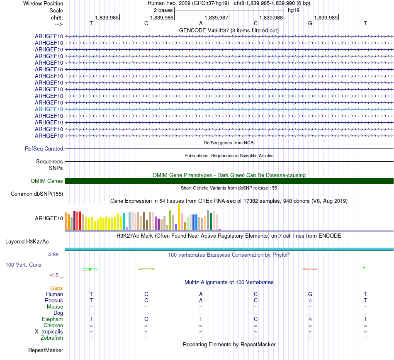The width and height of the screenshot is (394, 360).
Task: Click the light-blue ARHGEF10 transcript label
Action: (49, 109)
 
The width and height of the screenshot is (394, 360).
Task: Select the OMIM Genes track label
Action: (47, 181)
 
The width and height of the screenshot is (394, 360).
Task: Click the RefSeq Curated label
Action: (44, 148)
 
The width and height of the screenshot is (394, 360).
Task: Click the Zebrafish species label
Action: (52, 338)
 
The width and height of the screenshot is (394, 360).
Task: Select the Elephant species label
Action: (52, 319)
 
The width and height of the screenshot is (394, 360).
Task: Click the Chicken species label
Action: (53, 326)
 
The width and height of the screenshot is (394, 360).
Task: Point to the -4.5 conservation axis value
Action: (56, 275)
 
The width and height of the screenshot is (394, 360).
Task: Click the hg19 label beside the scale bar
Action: (294, 10)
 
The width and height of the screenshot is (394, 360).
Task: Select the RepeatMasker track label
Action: (46, 350)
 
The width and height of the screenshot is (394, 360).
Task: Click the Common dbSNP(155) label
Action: (37, 194)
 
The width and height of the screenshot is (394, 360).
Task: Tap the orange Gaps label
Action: (57, 288)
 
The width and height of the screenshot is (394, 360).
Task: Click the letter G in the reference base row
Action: (310, 23)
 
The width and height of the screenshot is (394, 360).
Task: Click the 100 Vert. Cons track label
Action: (23, 265)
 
